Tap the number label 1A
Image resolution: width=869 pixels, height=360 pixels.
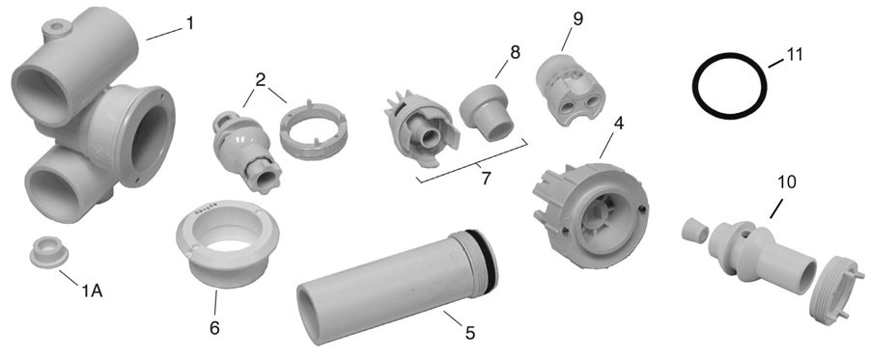tap(92, 291)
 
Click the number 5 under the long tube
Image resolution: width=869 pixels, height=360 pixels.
tap(469, 332)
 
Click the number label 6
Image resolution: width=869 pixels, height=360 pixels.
tap(214, 328)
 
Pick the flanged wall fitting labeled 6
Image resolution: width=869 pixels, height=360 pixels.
tap(227, 242)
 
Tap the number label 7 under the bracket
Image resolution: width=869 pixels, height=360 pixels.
tap(486, 179)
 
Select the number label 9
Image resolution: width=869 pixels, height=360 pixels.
tap(578, 19)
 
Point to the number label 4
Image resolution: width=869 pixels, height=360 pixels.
tap(619, 123)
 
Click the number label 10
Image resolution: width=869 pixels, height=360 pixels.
tap(786, 181)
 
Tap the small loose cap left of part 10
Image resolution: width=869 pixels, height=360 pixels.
tap(694, 230)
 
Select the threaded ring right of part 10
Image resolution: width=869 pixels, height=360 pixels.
tap(836, 290)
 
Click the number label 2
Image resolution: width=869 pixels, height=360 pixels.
tap(261, 80)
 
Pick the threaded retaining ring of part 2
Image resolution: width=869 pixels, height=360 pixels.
tap(313, 130)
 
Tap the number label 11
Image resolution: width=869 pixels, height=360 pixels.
tap(794, 54)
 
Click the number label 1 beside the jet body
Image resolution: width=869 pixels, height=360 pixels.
tap(190, 23)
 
